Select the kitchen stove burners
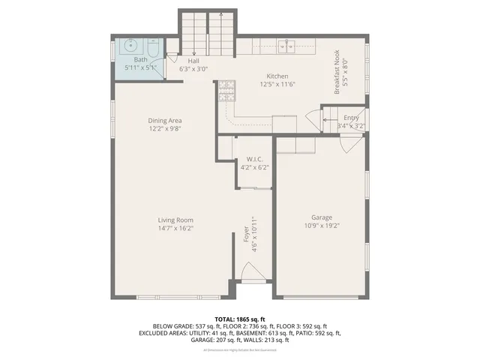(x=225, y=91)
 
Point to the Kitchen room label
(x=277, y=76)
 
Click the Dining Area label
(x=165, y=120)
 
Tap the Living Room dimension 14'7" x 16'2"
(x=175, y=228)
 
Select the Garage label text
(x=321, y=217)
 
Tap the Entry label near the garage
(x=351, y=118)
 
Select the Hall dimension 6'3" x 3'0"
(x=193, y=69)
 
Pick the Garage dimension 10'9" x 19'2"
(x=321, y=226)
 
